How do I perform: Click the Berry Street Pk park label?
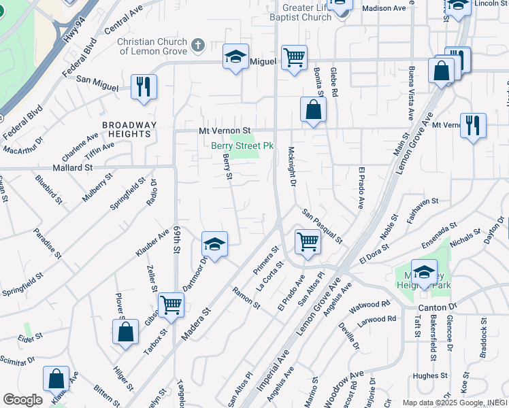click(242, 146)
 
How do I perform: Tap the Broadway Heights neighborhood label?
click(129, 129)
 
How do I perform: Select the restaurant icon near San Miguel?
click(144, 86)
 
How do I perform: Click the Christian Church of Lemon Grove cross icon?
click(198, 46)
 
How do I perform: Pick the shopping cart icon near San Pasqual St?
click(308, 241)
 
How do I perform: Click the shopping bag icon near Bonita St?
click(313, 109)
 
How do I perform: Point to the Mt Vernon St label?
click(225, 130)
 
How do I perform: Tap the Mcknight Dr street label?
click(292, 167)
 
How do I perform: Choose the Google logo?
click(22, 400)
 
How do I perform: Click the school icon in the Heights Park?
click(424, 273)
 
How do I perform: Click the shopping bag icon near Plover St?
click(125, 333)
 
